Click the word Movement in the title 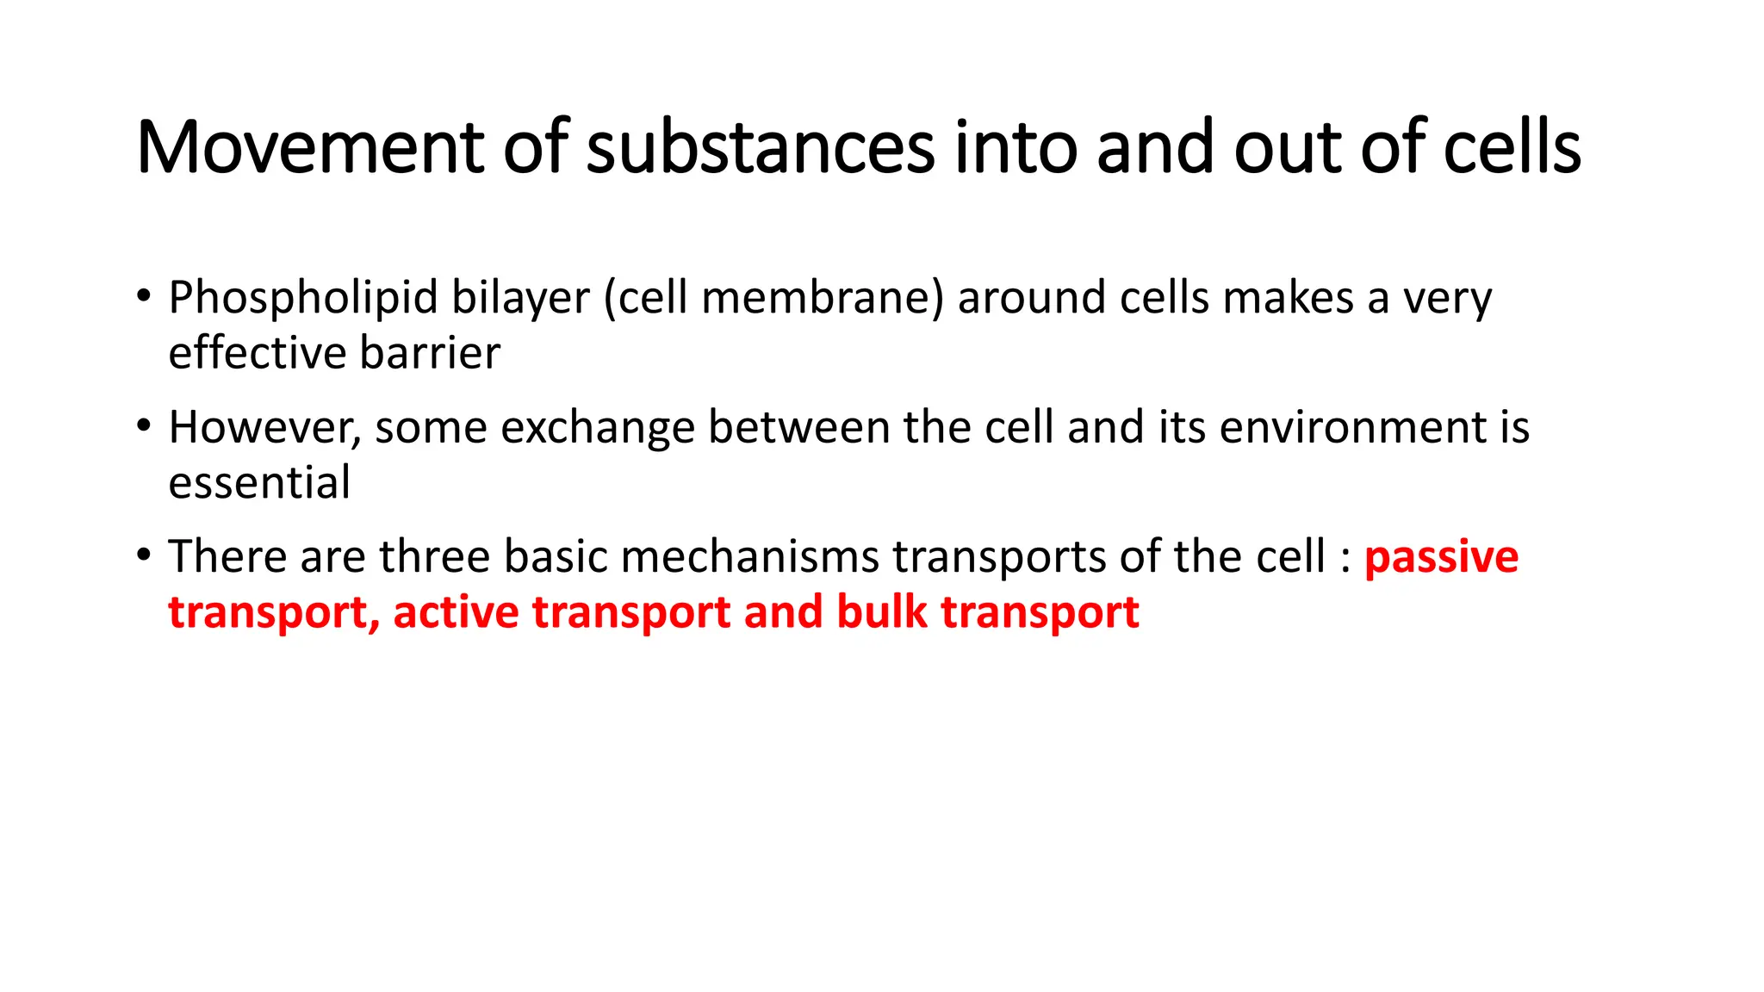pos(310,147)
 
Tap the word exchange pos(597,428)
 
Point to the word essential pos(259,482)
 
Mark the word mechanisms pos(749,556)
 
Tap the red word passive pos(1441,558)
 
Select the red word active pos(456,612)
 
